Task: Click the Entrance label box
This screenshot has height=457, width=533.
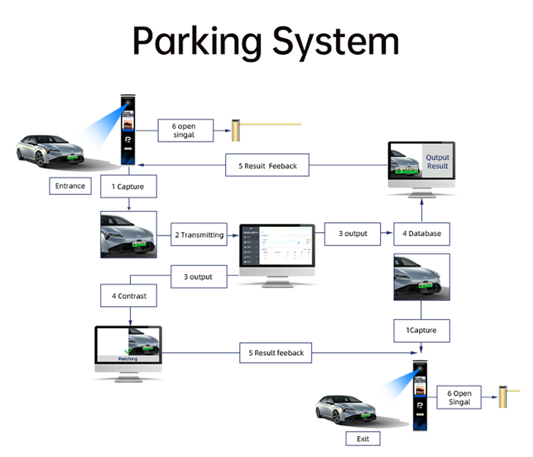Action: point(70,186)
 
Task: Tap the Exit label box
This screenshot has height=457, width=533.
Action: point(362,439)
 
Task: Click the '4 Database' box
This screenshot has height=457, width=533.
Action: point(422,233)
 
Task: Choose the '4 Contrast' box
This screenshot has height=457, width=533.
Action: point(130,295)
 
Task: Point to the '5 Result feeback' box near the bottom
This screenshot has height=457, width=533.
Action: point(275,353)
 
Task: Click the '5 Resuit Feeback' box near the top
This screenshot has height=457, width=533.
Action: point(268,166)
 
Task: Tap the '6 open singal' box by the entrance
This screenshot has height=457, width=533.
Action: point(184,130)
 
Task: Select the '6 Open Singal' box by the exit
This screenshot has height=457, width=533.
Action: point(459,397)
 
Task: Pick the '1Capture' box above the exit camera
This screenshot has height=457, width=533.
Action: point(421,330)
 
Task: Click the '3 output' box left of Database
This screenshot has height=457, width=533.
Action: point(353,233)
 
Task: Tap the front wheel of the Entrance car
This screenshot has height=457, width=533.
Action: point(40,159)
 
